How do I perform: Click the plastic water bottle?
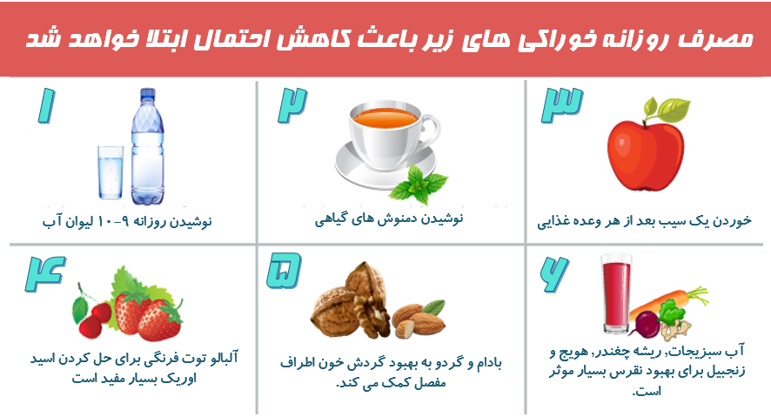pyautogui.click(x=147, y=146)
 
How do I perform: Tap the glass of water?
pyautogui.click(x=111, y=172)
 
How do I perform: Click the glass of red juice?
pyautogui.click(x=615, y=293)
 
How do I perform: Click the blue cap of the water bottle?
pyautogui.click(x=148, y=93)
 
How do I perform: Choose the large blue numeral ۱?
pyautogui.click(x=47, y=105)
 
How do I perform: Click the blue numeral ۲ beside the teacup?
pyautogui.click(x=292, y=105)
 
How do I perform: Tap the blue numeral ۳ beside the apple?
pyautogui.click(x=561, y=105)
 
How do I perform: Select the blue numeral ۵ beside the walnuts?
pyautogui.click(x=284, y=271)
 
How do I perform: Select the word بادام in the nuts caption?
pyautogui.click(x=486, y=363)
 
